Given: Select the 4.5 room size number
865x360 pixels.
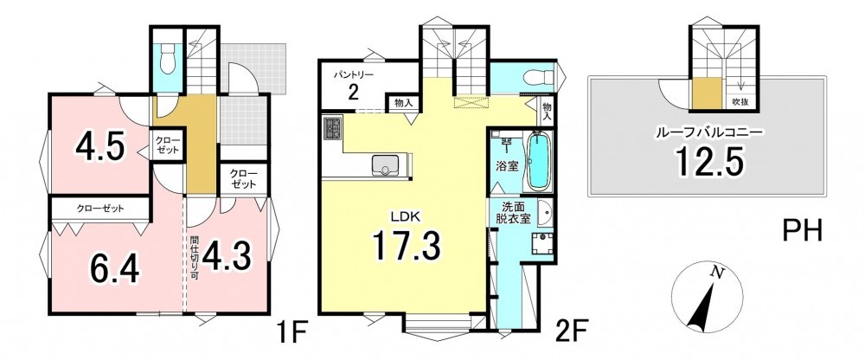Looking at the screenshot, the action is (x=99, y=147).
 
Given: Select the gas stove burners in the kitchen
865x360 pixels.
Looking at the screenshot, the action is (x=333, y=128).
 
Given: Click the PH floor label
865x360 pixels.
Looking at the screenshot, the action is (x=804, y=230).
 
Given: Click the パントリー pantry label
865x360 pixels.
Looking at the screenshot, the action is (x=354, y=74).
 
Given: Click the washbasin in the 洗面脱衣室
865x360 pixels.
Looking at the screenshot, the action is (x=545, y=213).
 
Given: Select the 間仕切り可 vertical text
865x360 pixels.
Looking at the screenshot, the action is (x=194, y=260).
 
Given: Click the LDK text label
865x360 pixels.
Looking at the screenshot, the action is (x=407, y=217).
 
